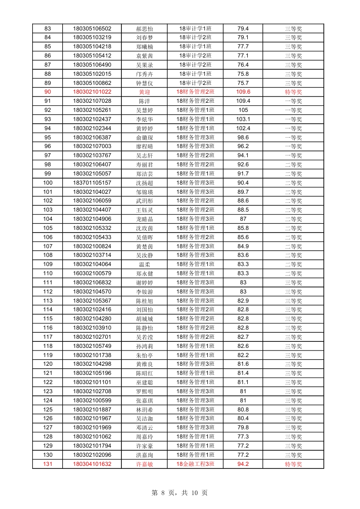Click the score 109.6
pos(243,92)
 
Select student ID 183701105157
pos(92,182)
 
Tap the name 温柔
pos(144,264)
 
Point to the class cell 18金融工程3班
pos(195,464)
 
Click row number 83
pos(48,29)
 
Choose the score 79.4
pos(243,29)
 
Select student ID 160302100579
pos(92,273)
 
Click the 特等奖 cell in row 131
pos(293,464)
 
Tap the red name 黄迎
pos(144,92)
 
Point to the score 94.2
pos(243,464)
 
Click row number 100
pos(48,182)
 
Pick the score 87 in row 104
pos(243,219)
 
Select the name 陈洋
pos(144,101)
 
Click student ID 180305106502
pos(92,29)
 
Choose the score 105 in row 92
pos(243,110)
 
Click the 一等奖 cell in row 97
pos(293,155)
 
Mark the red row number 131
pos(48,464)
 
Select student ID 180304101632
pos(92,464)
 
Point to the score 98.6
pos(243,137)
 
